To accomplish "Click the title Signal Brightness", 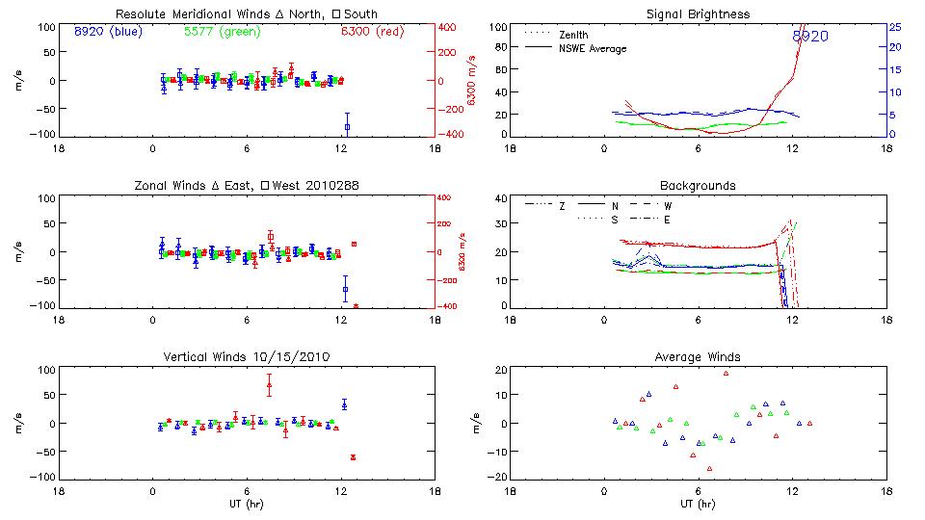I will click(x=698, y=14).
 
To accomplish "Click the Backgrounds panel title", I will click(x=698, y=185).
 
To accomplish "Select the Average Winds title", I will click(x=698, y=356).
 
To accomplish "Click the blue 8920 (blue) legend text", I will click(x=107, y=32).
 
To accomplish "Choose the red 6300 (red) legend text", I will click(x=372, y=32).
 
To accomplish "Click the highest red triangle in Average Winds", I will click(x=727, y=373).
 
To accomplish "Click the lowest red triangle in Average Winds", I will click(x=709, y=469).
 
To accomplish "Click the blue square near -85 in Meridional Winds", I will click(x=347, y=126).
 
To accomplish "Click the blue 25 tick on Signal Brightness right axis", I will click(x=894, y=27).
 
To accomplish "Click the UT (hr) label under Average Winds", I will click(x=698, y=503).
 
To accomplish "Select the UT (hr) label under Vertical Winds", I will click(x=247, y=503).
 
